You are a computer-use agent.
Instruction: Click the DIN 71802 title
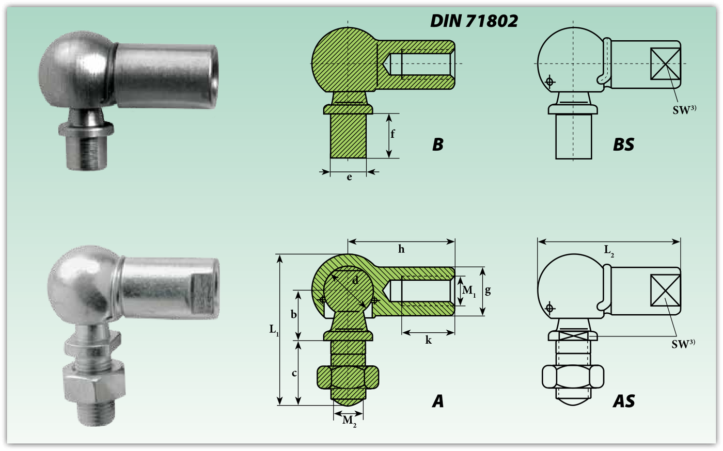click(474, 21)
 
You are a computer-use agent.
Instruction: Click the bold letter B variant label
click(438, 144)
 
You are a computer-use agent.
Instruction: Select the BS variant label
click(624, 144)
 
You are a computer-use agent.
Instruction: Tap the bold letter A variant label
click(438, 401)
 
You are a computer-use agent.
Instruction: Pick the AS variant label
click(624, 401)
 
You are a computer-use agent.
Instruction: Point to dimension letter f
click(392, 134)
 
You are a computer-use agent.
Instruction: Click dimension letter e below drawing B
click(349, 177)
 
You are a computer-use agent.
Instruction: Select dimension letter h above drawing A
click(401, 249)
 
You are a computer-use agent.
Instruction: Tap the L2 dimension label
click(609, 251)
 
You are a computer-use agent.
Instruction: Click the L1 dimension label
click(274, 330)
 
